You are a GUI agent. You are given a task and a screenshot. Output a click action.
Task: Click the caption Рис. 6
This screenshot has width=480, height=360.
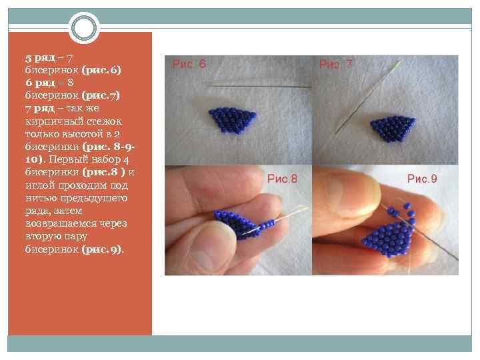pyautogui.click(x=189, y=64)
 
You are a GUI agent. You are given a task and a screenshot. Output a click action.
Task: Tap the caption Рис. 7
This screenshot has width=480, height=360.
pyautogui.click(x=336, y=64)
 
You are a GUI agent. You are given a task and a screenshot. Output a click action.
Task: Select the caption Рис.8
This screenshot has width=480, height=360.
pyautogui.click(x=282, y=179)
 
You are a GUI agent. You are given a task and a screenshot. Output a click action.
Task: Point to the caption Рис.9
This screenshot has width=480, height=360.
pyautogui.click(x=422, y=179)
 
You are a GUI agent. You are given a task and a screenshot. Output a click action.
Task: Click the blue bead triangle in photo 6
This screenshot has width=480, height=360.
pyautogui.click(x=233, y=119)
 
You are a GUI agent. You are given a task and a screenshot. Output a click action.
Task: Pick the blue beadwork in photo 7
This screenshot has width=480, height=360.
pyautogui.click(x=393, y=129)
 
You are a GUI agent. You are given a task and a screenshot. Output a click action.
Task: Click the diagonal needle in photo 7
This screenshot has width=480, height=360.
pyautogui.click(x=368, y=97)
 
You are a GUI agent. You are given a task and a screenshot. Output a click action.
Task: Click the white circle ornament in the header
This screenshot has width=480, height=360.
pyautogui.click(x=84, y=28)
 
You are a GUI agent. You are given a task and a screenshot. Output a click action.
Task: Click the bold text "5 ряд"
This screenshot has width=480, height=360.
pyautogui.click(x=40, y=57)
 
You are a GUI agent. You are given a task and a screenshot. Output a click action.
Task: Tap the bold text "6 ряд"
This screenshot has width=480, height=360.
pyautogui.click(x=40, y=83)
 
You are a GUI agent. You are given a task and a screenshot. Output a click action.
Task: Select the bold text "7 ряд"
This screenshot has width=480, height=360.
pyautogui.click(x=40, y=108)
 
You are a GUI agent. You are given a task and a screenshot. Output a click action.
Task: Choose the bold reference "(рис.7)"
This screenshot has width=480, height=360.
pyautogui.click(x=101, y=95)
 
